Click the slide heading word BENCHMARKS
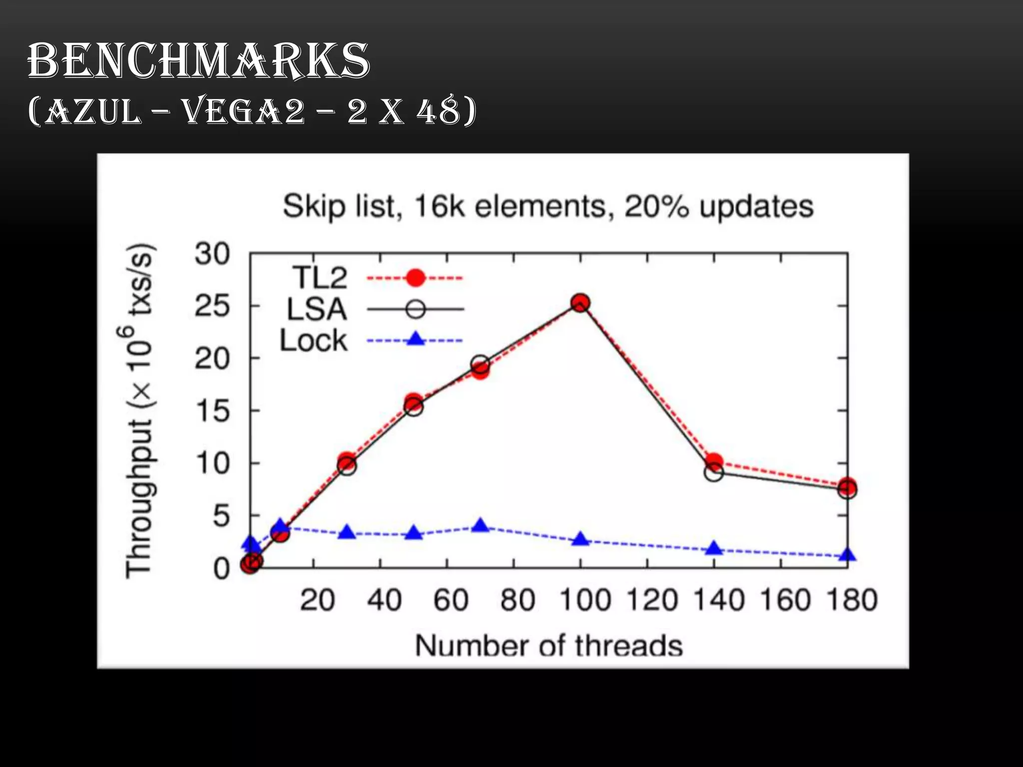[198, 60]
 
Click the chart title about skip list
[548, 206]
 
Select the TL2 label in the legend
[320, 278]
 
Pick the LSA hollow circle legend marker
[415, 309]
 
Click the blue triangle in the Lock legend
[415, 340]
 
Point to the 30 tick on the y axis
[212, 254]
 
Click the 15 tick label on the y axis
[212, 411]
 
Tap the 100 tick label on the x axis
[585, 600]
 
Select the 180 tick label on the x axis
[852, 600]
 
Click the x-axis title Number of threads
[548, 645]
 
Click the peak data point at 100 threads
[580, 303]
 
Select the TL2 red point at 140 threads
[714, 461]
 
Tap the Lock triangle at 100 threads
[580, 539]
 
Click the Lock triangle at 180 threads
[848, 555]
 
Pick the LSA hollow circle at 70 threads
[480, 364]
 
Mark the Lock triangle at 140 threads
[714, 548]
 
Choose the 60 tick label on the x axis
[451, 600]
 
